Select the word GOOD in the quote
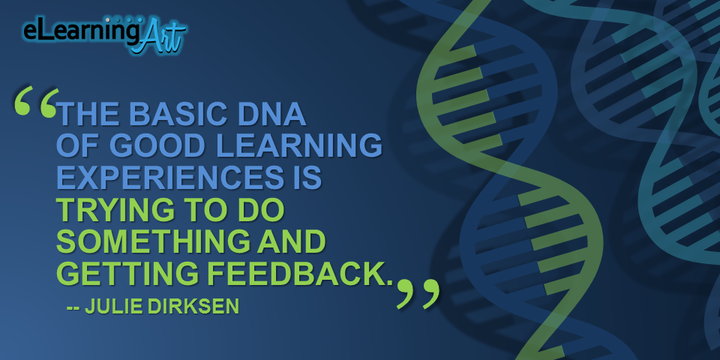click(x=157, y=145)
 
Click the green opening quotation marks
click(x=36, y=101)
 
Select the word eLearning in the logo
click(x=81, y=32)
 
